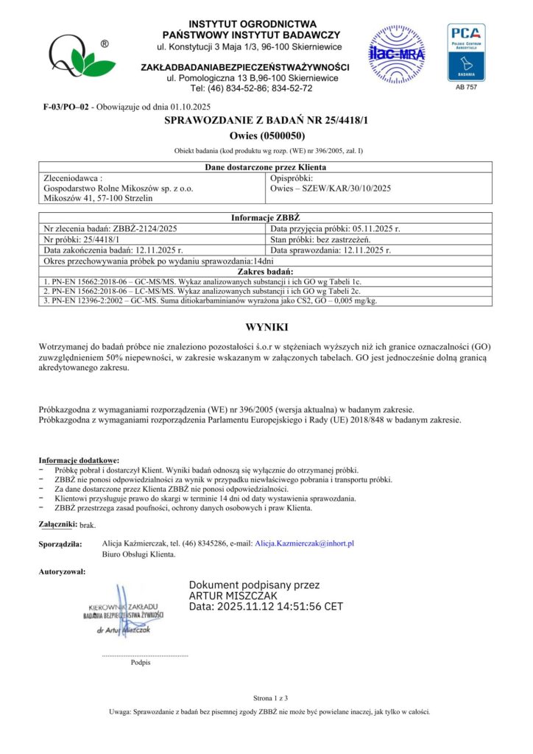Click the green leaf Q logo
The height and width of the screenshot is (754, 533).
click(x=78, y=56)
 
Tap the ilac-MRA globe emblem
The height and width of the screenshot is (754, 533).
click(x=397, y=53)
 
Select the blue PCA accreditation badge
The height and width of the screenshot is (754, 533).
click(x=466, y=52)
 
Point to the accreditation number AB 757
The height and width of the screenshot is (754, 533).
click(x=466, y=88)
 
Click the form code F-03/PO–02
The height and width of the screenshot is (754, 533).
click(x=66, y=108)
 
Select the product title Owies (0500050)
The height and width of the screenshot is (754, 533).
click(x=266, y=136)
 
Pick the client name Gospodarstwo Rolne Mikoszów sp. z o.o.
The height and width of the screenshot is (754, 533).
click(x=119, y=188)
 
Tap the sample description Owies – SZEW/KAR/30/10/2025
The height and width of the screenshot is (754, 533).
click(x=331, y=188)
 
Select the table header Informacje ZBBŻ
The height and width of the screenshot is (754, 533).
click(x=266, y=219)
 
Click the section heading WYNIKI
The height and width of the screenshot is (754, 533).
click(x=266, y=327)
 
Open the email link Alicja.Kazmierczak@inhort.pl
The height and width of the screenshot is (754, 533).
click(x=304, y=543)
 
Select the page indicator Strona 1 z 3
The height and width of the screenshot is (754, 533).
click(x=266, y=697)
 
